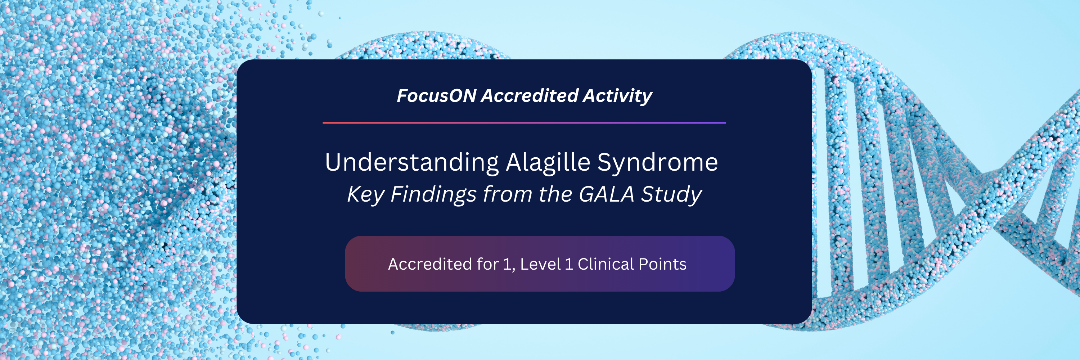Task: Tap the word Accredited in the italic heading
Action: pos(530,95)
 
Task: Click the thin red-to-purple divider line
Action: pos(524,123)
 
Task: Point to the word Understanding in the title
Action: pos(412,163)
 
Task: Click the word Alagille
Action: pos(548,163)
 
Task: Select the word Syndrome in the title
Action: pos(657,163)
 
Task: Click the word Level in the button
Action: pos(540,264)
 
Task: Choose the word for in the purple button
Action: pos(487,264)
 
